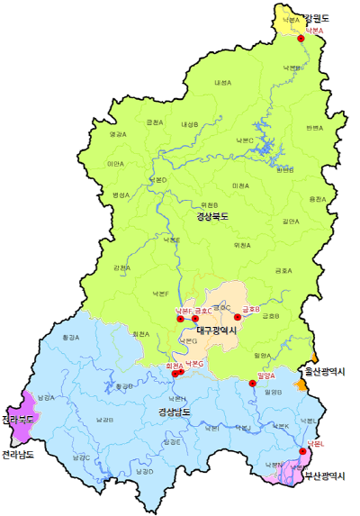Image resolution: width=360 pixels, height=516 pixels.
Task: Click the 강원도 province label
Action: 317,18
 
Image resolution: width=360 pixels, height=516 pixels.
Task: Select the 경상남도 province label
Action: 175,412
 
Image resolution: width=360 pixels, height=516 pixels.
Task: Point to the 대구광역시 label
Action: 216,330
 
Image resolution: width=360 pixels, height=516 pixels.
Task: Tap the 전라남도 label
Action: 18,454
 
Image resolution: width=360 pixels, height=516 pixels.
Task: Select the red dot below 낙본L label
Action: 302,452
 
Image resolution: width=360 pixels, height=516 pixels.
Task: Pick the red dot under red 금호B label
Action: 238,316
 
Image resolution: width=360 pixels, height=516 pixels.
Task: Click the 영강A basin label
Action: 118,134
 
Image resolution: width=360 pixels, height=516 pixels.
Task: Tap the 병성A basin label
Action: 121,195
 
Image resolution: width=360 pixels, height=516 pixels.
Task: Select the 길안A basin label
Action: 290,221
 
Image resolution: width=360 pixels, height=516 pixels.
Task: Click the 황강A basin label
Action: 71,337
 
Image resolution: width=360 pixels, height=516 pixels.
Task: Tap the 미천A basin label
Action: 239,186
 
